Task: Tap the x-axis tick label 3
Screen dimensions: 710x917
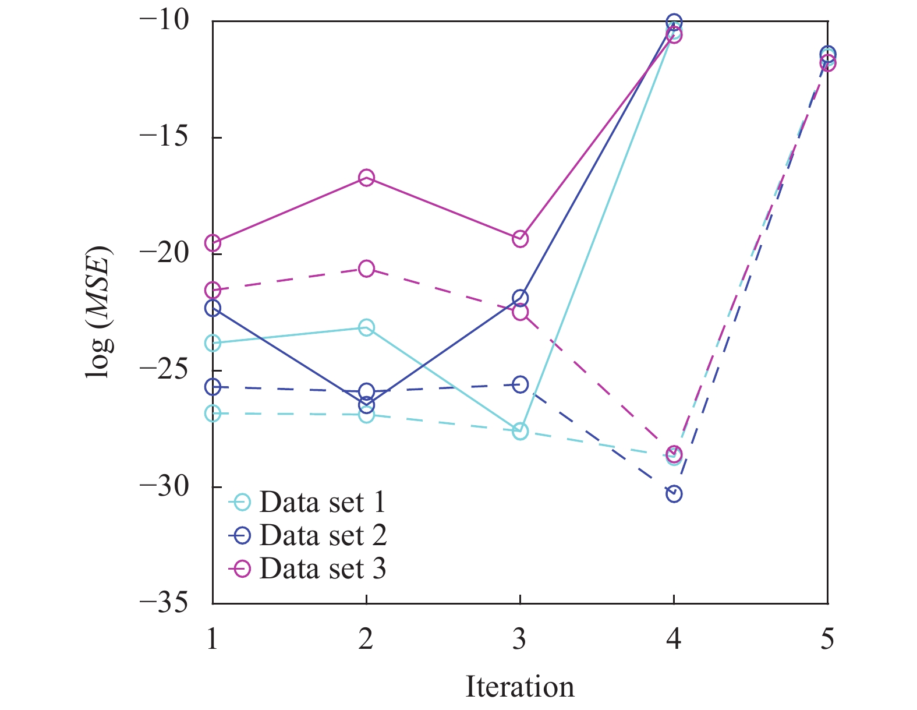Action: click(519, 638)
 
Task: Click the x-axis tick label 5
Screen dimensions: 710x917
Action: click(827, 638)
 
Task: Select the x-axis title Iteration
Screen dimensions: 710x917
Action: click(519, 687)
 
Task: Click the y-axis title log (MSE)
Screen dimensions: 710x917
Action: click(99, 312)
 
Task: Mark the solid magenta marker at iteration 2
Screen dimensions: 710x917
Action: click(366, 178)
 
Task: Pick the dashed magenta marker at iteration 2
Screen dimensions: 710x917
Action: click(366, 269)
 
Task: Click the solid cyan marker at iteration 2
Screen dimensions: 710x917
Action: click(366, 327)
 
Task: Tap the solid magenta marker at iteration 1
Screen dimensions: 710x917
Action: click(213, 243)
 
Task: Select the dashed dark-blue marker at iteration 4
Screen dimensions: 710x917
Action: click(674, 494)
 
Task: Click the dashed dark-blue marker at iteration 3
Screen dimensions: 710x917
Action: click(520, 384)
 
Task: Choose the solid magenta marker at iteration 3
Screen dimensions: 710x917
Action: click(520, 239)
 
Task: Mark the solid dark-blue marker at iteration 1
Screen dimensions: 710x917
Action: click(213, 308)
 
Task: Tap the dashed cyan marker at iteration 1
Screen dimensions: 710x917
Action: click(213, 414)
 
